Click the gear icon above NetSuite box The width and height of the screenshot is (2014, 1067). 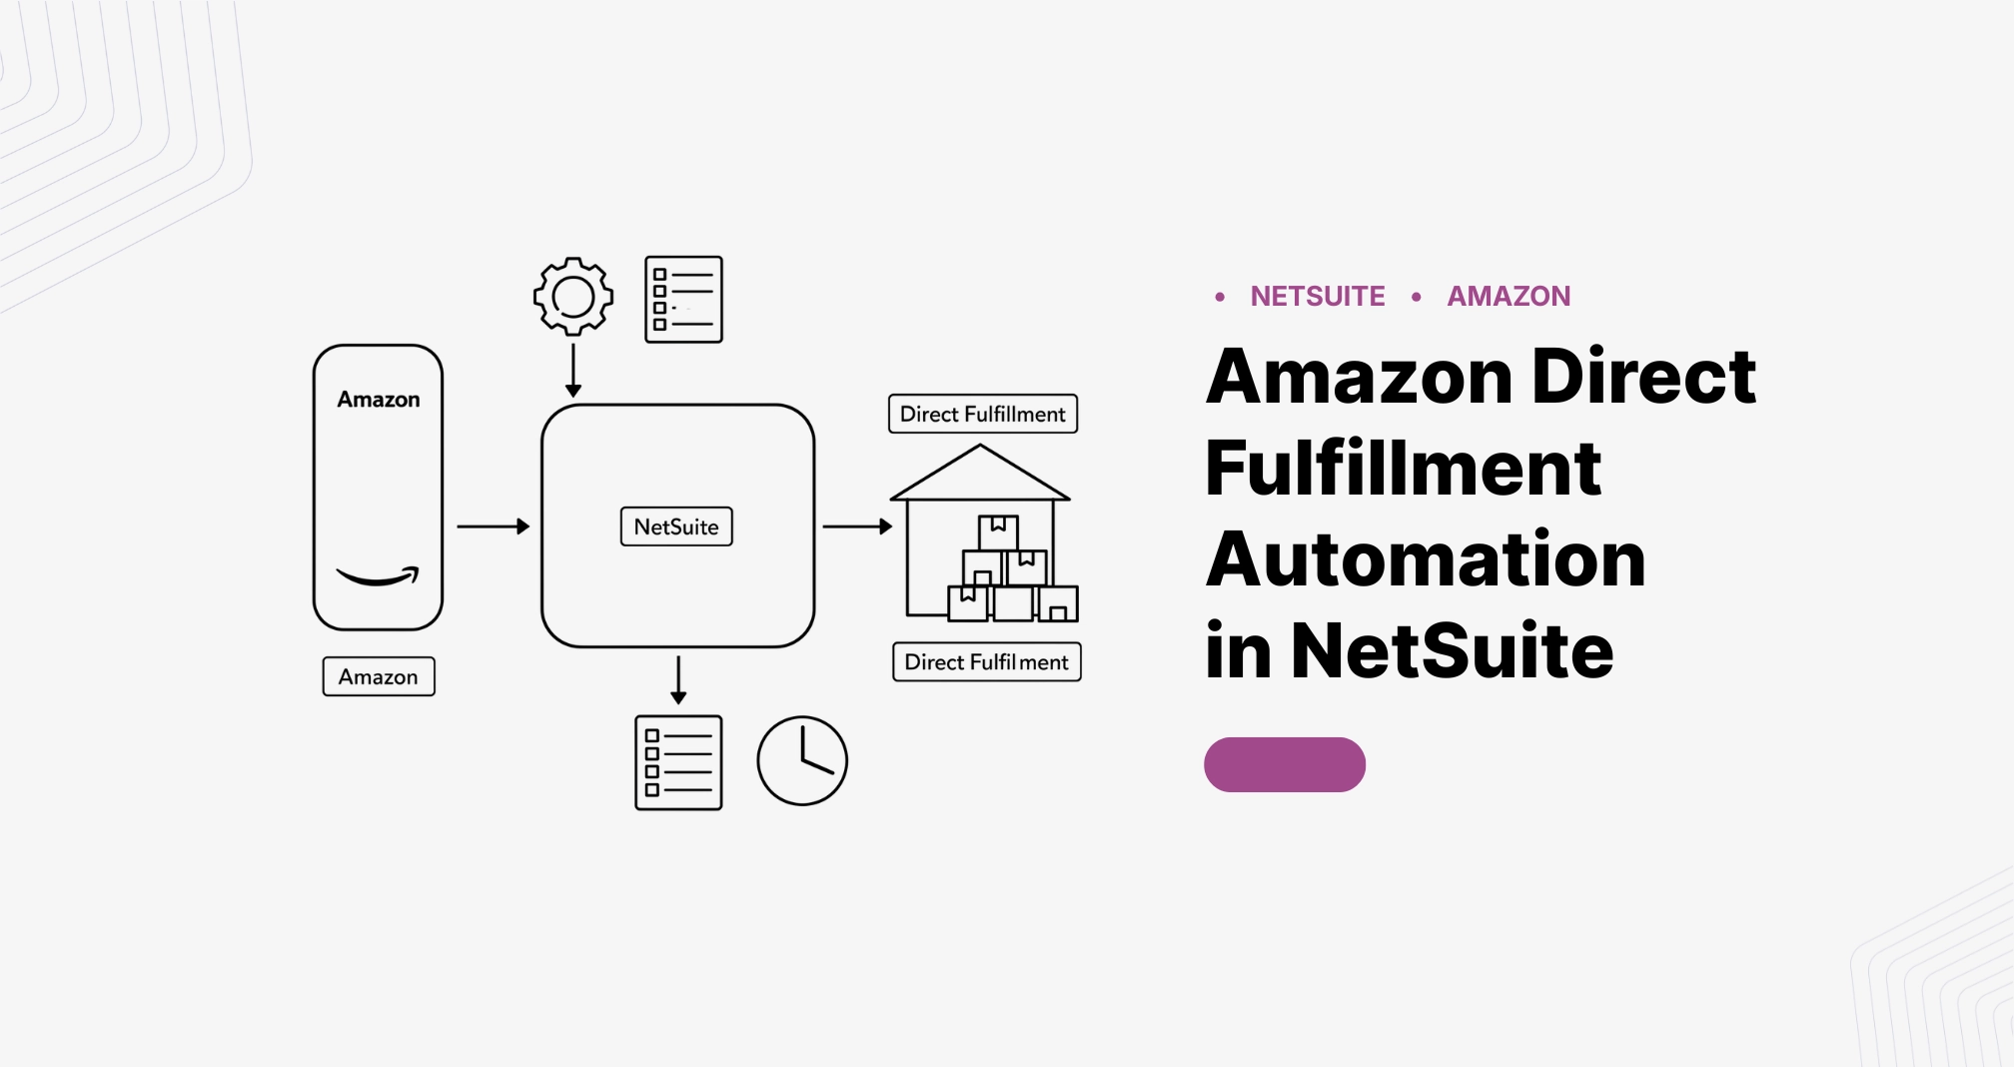click(572, 297)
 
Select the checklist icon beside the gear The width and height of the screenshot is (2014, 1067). click(683, 300)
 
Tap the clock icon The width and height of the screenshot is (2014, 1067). click(802, 761)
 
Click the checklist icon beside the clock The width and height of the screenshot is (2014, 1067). click(678, 762)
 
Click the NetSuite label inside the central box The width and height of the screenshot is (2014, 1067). click(676, 527)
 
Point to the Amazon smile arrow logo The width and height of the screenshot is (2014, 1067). click(378, 576)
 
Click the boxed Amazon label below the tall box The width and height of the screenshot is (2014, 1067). click(379, 676)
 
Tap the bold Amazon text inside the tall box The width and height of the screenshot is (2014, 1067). click(379, 400)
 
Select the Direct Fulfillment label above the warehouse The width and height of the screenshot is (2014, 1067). click(983, 414)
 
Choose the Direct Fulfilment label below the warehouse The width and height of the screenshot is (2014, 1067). click(986, 661)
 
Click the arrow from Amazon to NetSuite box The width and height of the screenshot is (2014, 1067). click(493, 527)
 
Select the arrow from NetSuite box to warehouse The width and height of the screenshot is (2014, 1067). click(857, 527)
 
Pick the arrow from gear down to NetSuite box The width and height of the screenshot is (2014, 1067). click(573, 371)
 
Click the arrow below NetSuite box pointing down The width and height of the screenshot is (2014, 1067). click(678, 679)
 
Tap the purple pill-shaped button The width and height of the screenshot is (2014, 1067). click(1284, 765)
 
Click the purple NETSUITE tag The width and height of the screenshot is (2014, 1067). click(1317, 297)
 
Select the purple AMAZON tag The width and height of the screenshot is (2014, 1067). click(1509, 297)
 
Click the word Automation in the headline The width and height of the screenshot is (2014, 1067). click(1426, 559)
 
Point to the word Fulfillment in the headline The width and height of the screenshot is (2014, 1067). click(1403, 468)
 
